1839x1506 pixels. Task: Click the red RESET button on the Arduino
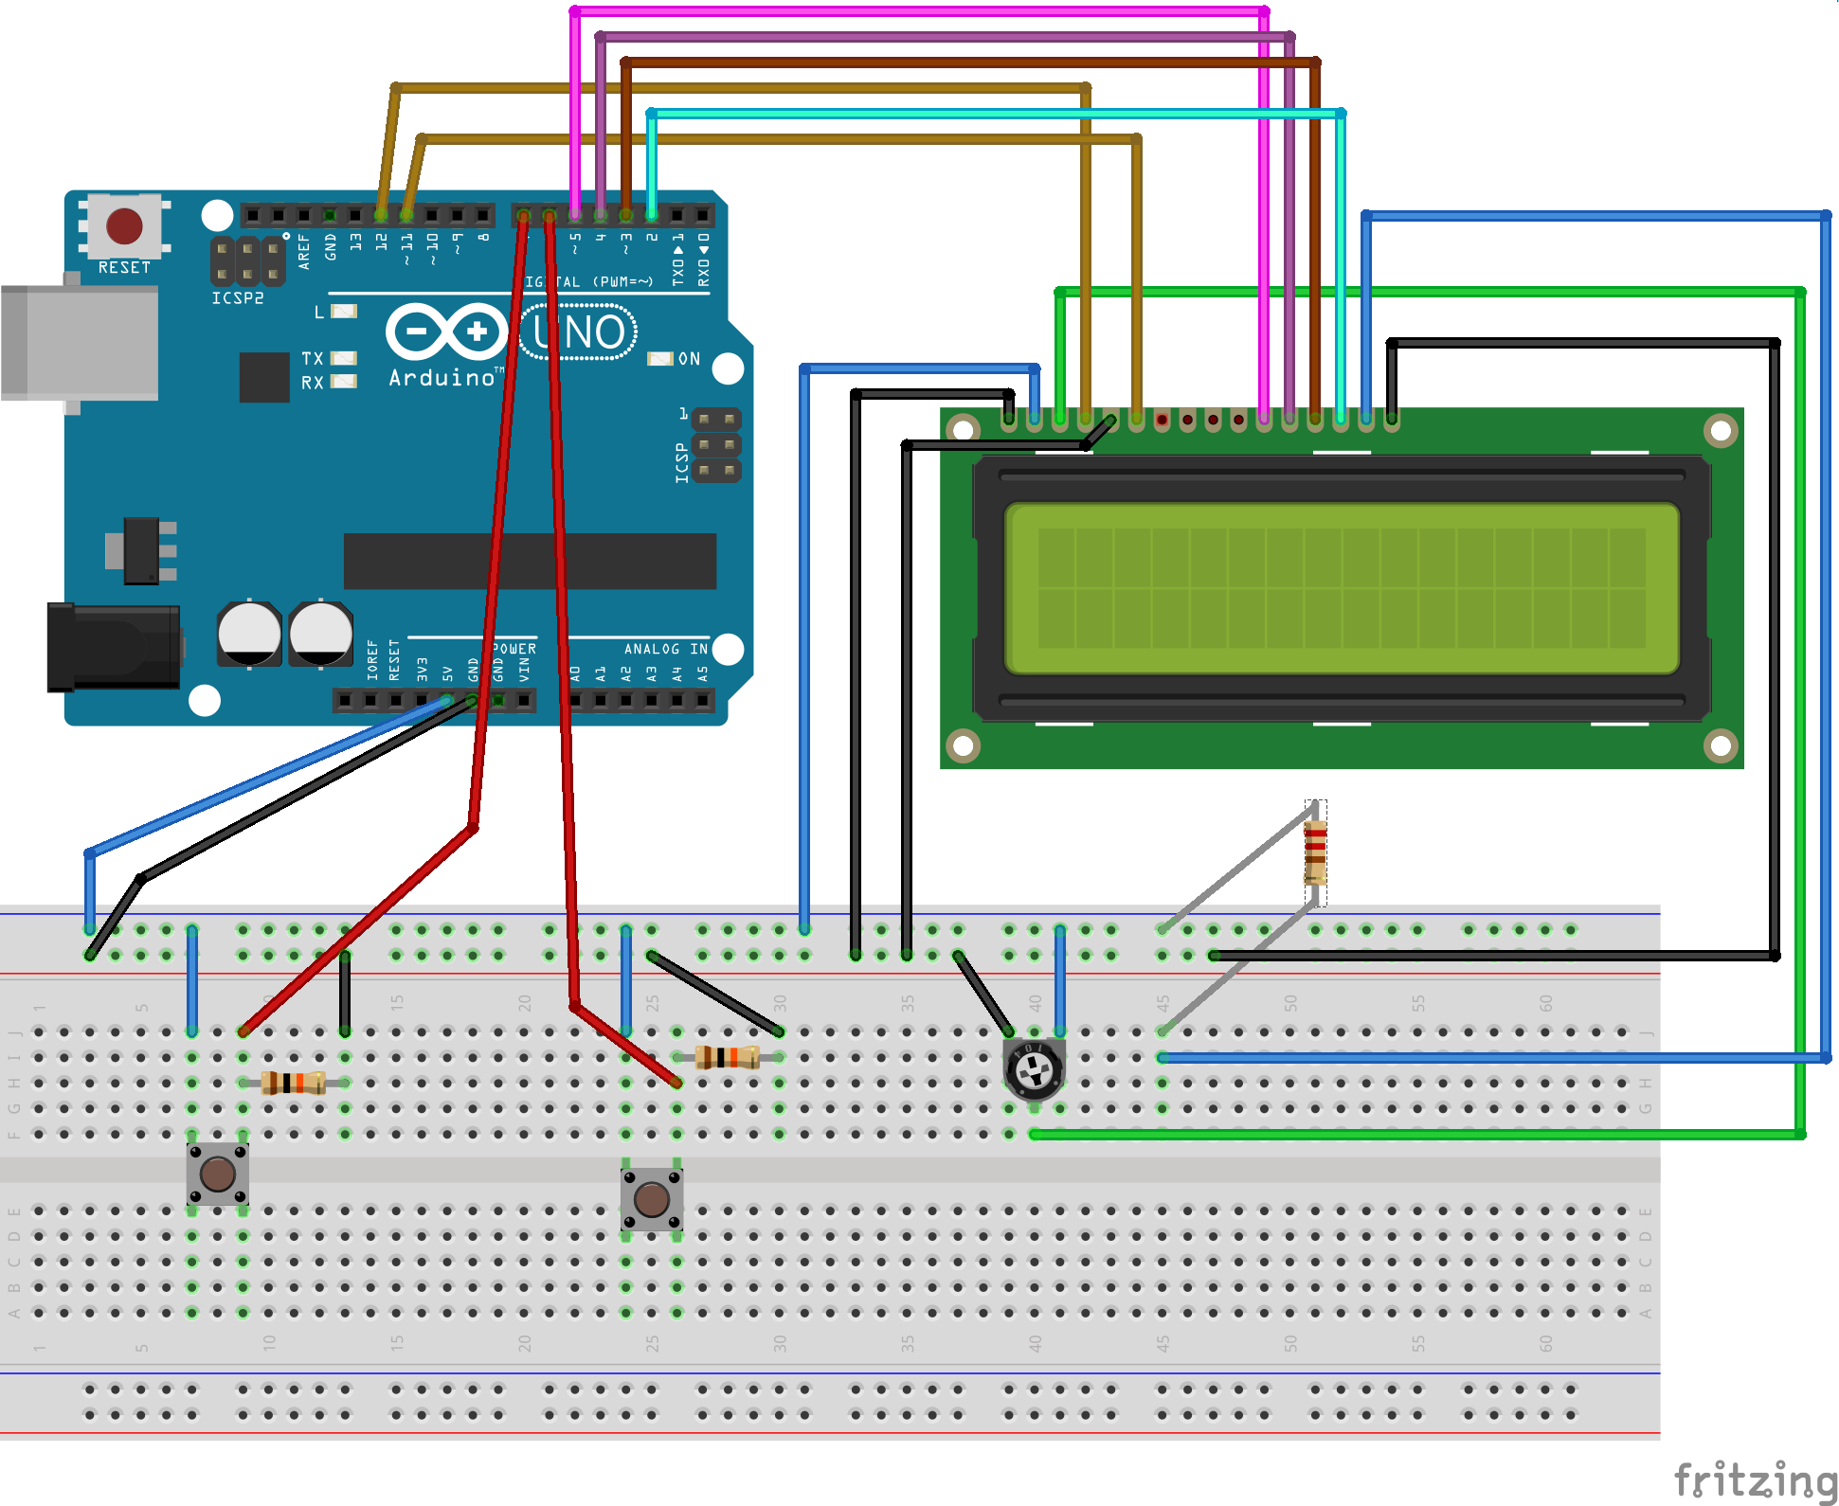pos(124,226)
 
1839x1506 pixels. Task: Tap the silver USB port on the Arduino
pos(80,343)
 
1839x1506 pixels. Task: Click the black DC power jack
pos(114,648)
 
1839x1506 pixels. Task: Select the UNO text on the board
pos(579,332)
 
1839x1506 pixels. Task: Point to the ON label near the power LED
pos(689,359)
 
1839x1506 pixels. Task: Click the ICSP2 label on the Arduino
pos(237,298)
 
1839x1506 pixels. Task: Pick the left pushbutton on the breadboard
pos(218,1174)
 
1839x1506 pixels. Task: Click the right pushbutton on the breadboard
pos(652,1199)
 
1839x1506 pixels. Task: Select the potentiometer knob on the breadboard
pos(1034,1070)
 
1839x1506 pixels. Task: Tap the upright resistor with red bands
pos(1315,852)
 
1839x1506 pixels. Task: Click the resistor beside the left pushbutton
pos(294,1083)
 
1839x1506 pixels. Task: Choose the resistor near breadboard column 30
pos(728,1057)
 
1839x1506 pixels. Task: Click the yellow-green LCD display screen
pos(1341,588)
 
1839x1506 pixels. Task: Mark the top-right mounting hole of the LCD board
pos(1720,432)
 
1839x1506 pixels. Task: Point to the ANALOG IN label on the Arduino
pos(665,649)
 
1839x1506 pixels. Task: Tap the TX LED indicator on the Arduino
pos(343,358)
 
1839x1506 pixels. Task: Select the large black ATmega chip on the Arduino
pos(530,561)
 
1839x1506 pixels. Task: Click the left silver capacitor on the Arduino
pos(249,633)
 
